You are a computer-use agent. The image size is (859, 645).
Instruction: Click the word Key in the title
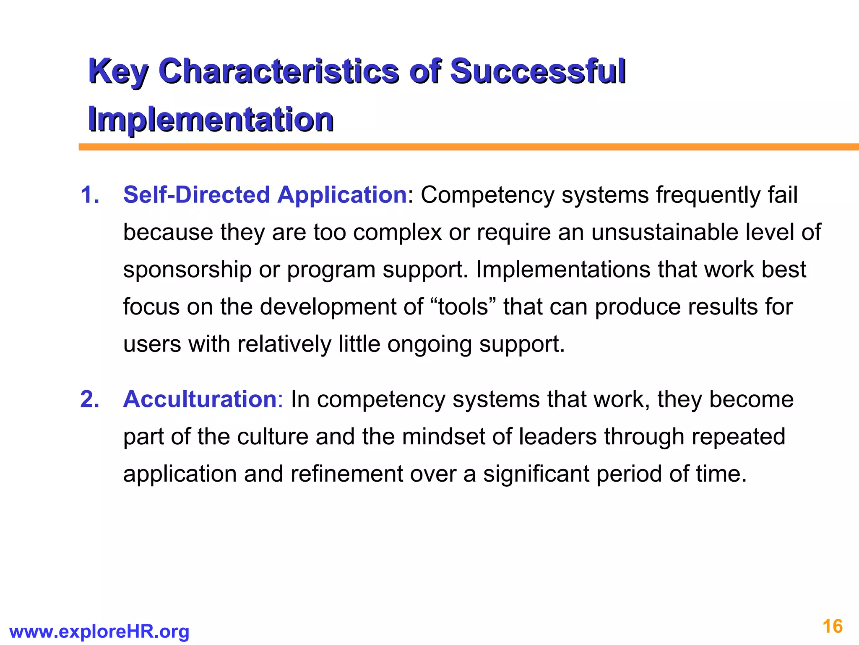pyautogui.click(x=117, y=71)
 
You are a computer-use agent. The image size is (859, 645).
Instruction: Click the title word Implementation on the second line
pyautogui.click(x=211, y=119)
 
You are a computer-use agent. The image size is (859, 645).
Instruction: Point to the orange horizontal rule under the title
pyautogui.click(x=469, y=147)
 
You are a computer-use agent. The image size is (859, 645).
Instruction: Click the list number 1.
pyautogui.click(x=90, y=195)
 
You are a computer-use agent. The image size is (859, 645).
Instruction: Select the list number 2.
pyautogui.click(x=90, y=399)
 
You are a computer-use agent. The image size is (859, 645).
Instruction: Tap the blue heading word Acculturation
pyautogui.click(x=200, y=399)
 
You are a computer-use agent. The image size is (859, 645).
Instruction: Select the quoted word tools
pyautogui.click(x=463, y=307)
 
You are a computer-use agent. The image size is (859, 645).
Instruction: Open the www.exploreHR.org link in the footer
pyautogui.click(x=99, y=632)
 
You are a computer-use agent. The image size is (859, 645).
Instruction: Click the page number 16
pyautogui.click(x=833, y=627)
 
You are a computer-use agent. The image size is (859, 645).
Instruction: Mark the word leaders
pyautogui.click(x=557, y=437)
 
